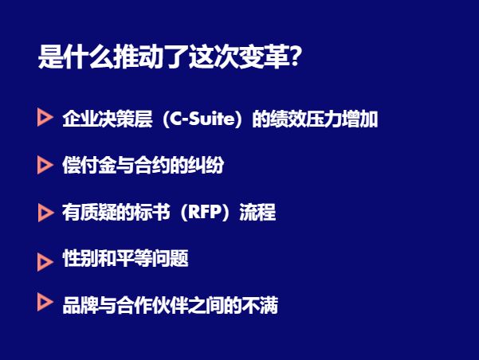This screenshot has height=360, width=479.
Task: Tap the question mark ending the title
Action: point(294,58)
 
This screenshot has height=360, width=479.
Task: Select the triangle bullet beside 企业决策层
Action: point(45,119)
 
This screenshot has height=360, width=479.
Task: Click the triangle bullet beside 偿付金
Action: point(45,165)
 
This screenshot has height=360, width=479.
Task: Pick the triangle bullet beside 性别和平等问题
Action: point(45,260)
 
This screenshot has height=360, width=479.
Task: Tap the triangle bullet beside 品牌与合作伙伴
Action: point(45,303)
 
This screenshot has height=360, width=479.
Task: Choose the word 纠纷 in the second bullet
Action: point(207,166)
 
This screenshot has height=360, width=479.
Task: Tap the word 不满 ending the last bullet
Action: point(260,305)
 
